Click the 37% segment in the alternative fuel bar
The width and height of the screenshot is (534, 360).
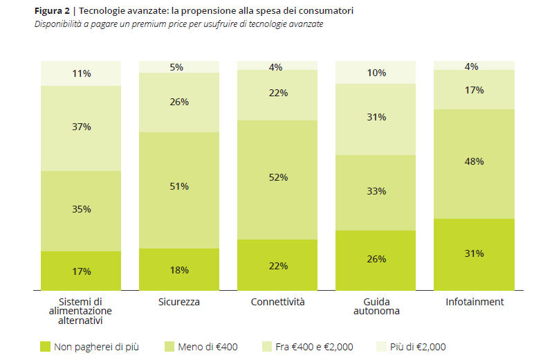(x=81, y=138)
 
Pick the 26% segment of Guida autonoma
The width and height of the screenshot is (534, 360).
(x=376, y=260)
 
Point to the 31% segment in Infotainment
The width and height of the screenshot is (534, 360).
(x=474, y=254)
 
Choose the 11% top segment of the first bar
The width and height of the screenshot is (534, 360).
(x=81, y=73)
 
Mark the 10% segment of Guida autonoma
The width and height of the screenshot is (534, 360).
(x=376, y=72)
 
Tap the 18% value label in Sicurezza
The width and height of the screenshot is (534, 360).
(x=179, y=271)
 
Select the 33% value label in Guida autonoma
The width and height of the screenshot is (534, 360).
(x=376, y=192)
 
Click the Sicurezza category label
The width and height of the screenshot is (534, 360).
(x=179, y=303)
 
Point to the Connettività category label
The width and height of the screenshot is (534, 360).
(x=277, y=303)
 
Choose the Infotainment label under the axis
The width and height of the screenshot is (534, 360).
(x=474, y=303)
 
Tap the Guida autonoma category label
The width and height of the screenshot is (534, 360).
(x=376, y=307)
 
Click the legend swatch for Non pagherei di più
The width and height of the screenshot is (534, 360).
(x=46, y=346)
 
